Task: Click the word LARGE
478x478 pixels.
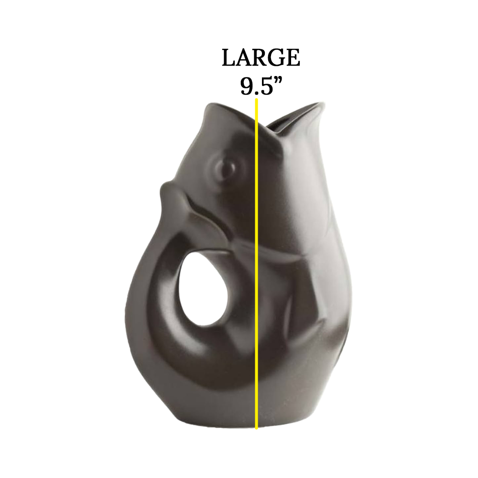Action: [x=261, y=58]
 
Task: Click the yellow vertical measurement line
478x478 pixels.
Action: [x=257, y=263]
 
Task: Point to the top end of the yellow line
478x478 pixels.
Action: [x=257, y=99]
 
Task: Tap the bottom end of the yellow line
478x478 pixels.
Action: [x=257, y=428]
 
